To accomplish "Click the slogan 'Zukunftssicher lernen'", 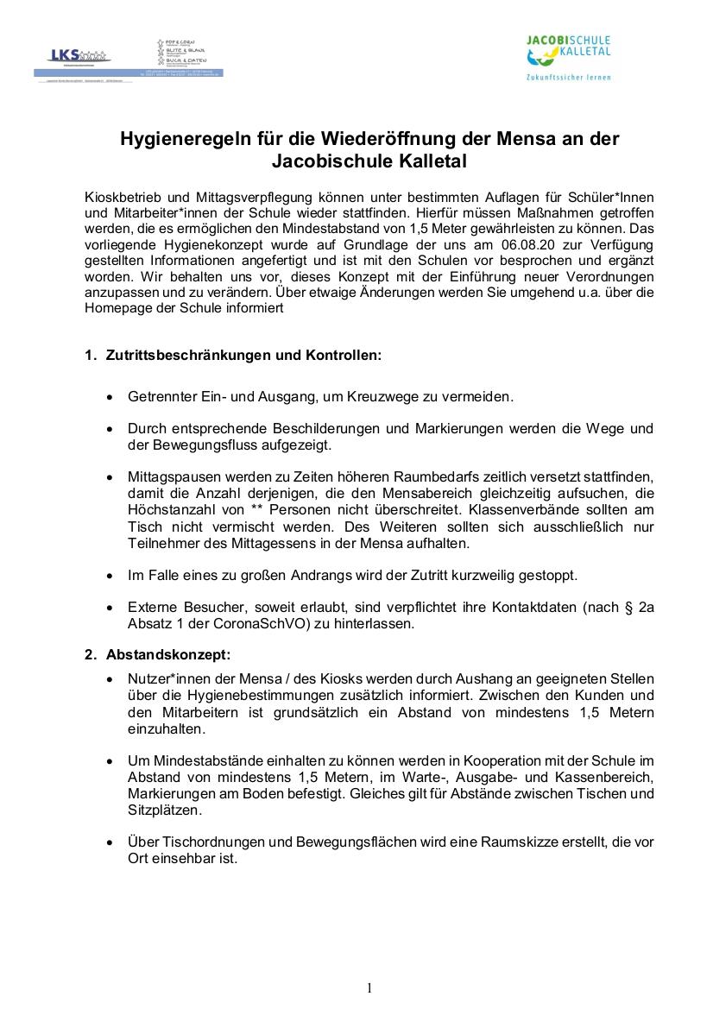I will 568,78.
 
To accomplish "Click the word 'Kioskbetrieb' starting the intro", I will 123,196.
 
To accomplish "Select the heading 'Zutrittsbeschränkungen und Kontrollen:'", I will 243,355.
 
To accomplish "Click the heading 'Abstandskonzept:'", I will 168,654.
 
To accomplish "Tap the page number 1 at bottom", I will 369,988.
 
